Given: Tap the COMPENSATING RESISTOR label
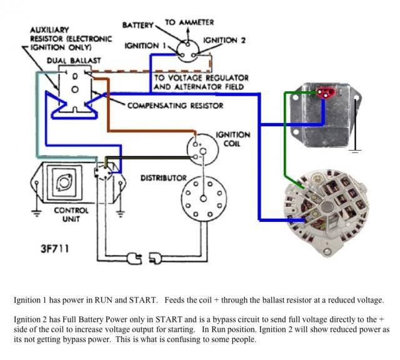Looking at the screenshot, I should click(x=175, y=106).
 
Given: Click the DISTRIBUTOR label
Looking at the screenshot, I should click(x=164, y=178).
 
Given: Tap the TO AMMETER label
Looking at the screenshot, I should click(x=189, y=22).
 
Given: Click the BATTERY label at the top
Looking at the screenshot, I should click(x=138, y=26).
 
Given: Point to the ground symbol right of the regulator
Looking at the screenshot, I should click(x=355, y=151).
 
